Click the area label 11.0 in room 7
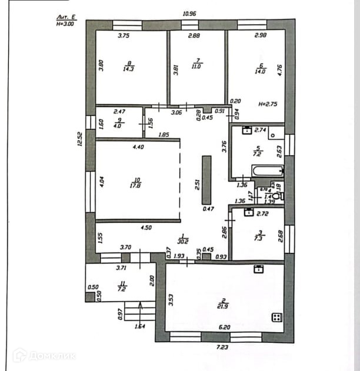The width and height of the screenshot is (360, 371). coord(197,67)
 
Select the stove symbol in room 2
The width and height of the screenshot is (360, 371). coord(276,317)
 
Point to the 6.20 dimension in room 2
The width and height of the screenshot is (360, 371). coord(224,327)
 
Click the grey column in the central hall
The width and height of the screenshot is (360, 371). coord(206,180)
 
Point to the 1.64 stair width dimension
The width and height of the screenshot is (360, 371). coord(140,326)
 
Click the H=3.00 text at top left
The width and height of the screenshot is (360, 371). coord(65,25)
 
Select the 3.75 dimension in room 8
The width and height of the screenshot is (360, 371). coord(124,36)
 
